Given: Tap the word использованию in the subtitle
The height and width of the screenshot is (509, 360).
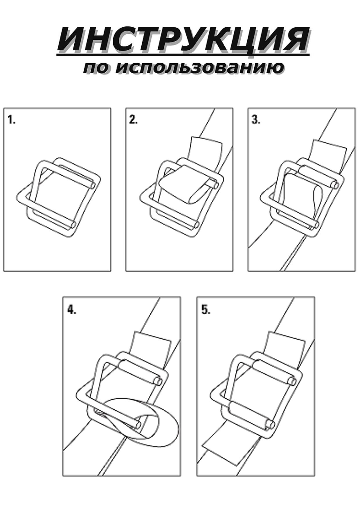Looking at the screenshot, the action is [x=200, y=68].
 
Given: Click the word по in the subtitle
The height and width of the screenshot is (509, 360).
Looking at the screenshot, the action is [x=97, y=69].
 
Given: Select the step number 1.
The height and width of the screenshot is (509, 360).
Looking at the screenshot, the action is [x=11, y=120].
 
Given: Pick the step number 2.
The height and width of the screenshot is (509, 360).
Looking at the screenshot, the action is [x=134, y=120].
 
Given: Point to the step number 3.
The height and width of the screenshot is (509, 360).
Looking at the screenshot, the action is [x=256, y=120].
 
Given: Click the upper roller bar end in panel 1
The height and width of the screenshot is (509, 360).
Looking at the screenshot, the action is [x=92, y=185].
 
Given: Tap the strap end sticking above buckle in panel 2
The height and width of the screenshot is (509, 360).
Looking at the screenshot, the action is [x=205, y=151].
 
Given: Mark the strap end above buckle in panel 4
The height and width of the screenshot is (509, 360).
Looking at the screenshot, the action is [x=151, y=345].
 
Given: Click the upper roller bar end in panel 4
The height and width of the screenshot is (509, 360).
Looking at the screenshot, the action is [x=158, y=381].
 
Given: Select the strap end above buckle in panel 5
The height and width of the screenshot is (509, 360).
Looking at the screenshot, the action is [x=285, y=345].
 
